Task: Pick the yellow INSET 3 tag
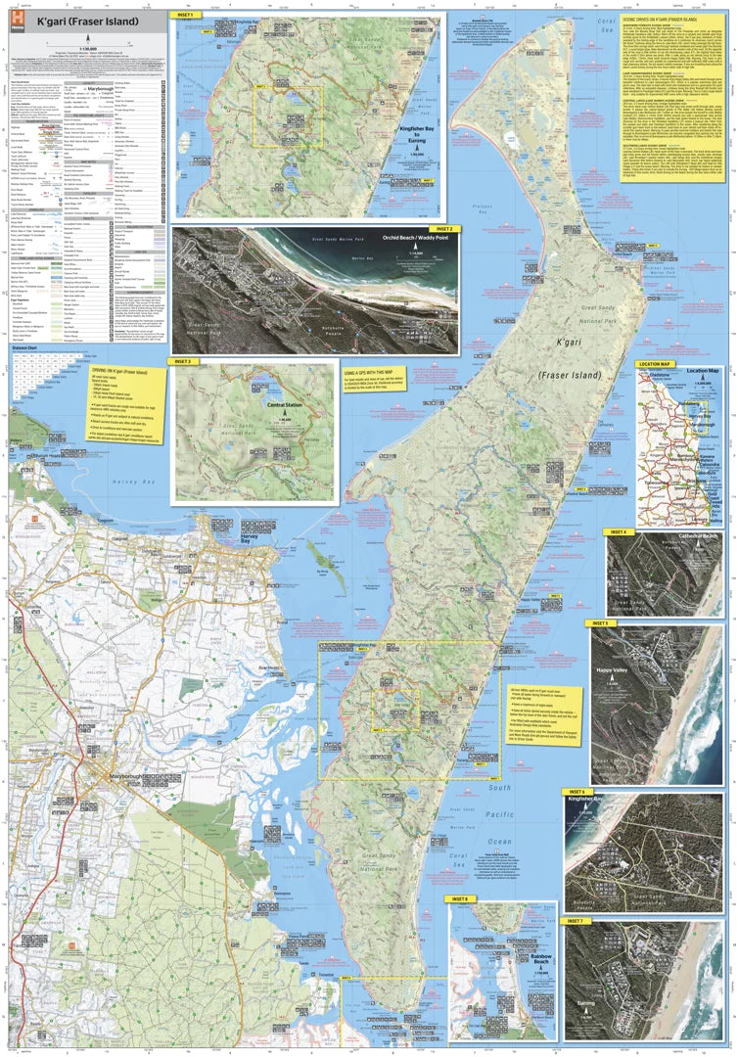[182, 361]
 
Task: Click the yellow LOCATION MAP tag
[655, 364]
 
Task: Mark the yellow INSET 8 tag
[461, 898]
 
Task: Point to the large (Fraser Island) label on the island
[567, 374]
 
